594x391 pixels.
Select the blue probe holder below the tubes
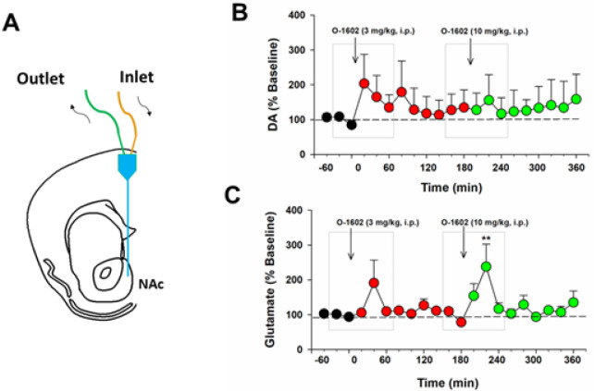tap(127, 166)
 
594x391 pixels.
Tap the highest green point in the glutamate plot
tap(486, 266)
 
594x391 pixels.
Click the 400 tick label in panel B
tap(294, 16)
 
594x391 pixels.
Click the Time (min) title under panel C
tap(447, 380)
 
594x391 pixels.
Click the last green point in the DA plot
tap(575, 98)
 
